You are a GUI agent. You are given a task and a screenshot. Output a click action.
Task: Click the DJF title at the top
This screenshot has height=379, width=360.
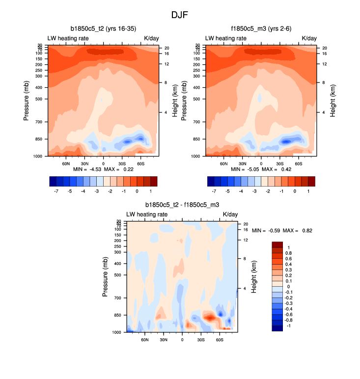pos(180,15)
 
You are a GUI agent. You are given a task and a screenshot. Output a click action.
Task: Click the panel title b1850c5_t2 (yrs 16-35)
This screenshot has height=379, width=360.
pos(103,29)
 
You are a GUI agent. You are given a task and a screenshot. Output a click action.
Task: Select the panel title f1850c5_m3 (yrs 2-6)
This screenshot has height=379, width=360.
pos(261,29)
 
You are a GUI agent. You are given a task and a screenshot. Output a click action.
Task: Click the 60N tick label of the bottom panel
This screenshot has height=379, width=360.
pos(145,339)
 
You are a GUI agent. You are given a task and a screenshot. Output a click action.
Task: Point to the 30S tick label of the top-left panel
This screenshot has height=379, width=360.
pos(122,163)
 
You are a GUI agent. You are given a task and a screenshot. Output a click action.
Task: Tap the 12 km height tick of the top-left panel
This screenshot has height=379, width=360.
pos(166,64)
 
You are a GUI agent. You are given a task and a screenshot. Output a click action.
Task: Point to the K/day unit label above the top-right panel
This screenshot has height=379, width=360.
pos(309,38)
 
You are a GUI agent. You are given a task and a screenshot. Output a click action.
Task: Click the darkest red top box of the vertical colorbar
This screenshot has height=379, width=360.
pos(277,244)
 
